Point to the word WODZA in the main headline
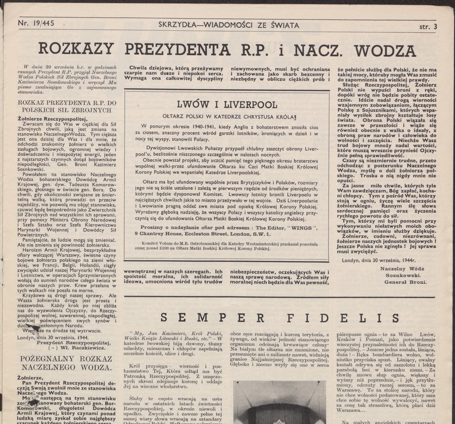(386, 51)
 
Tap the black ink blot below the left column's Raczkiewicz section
(36, 328)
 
